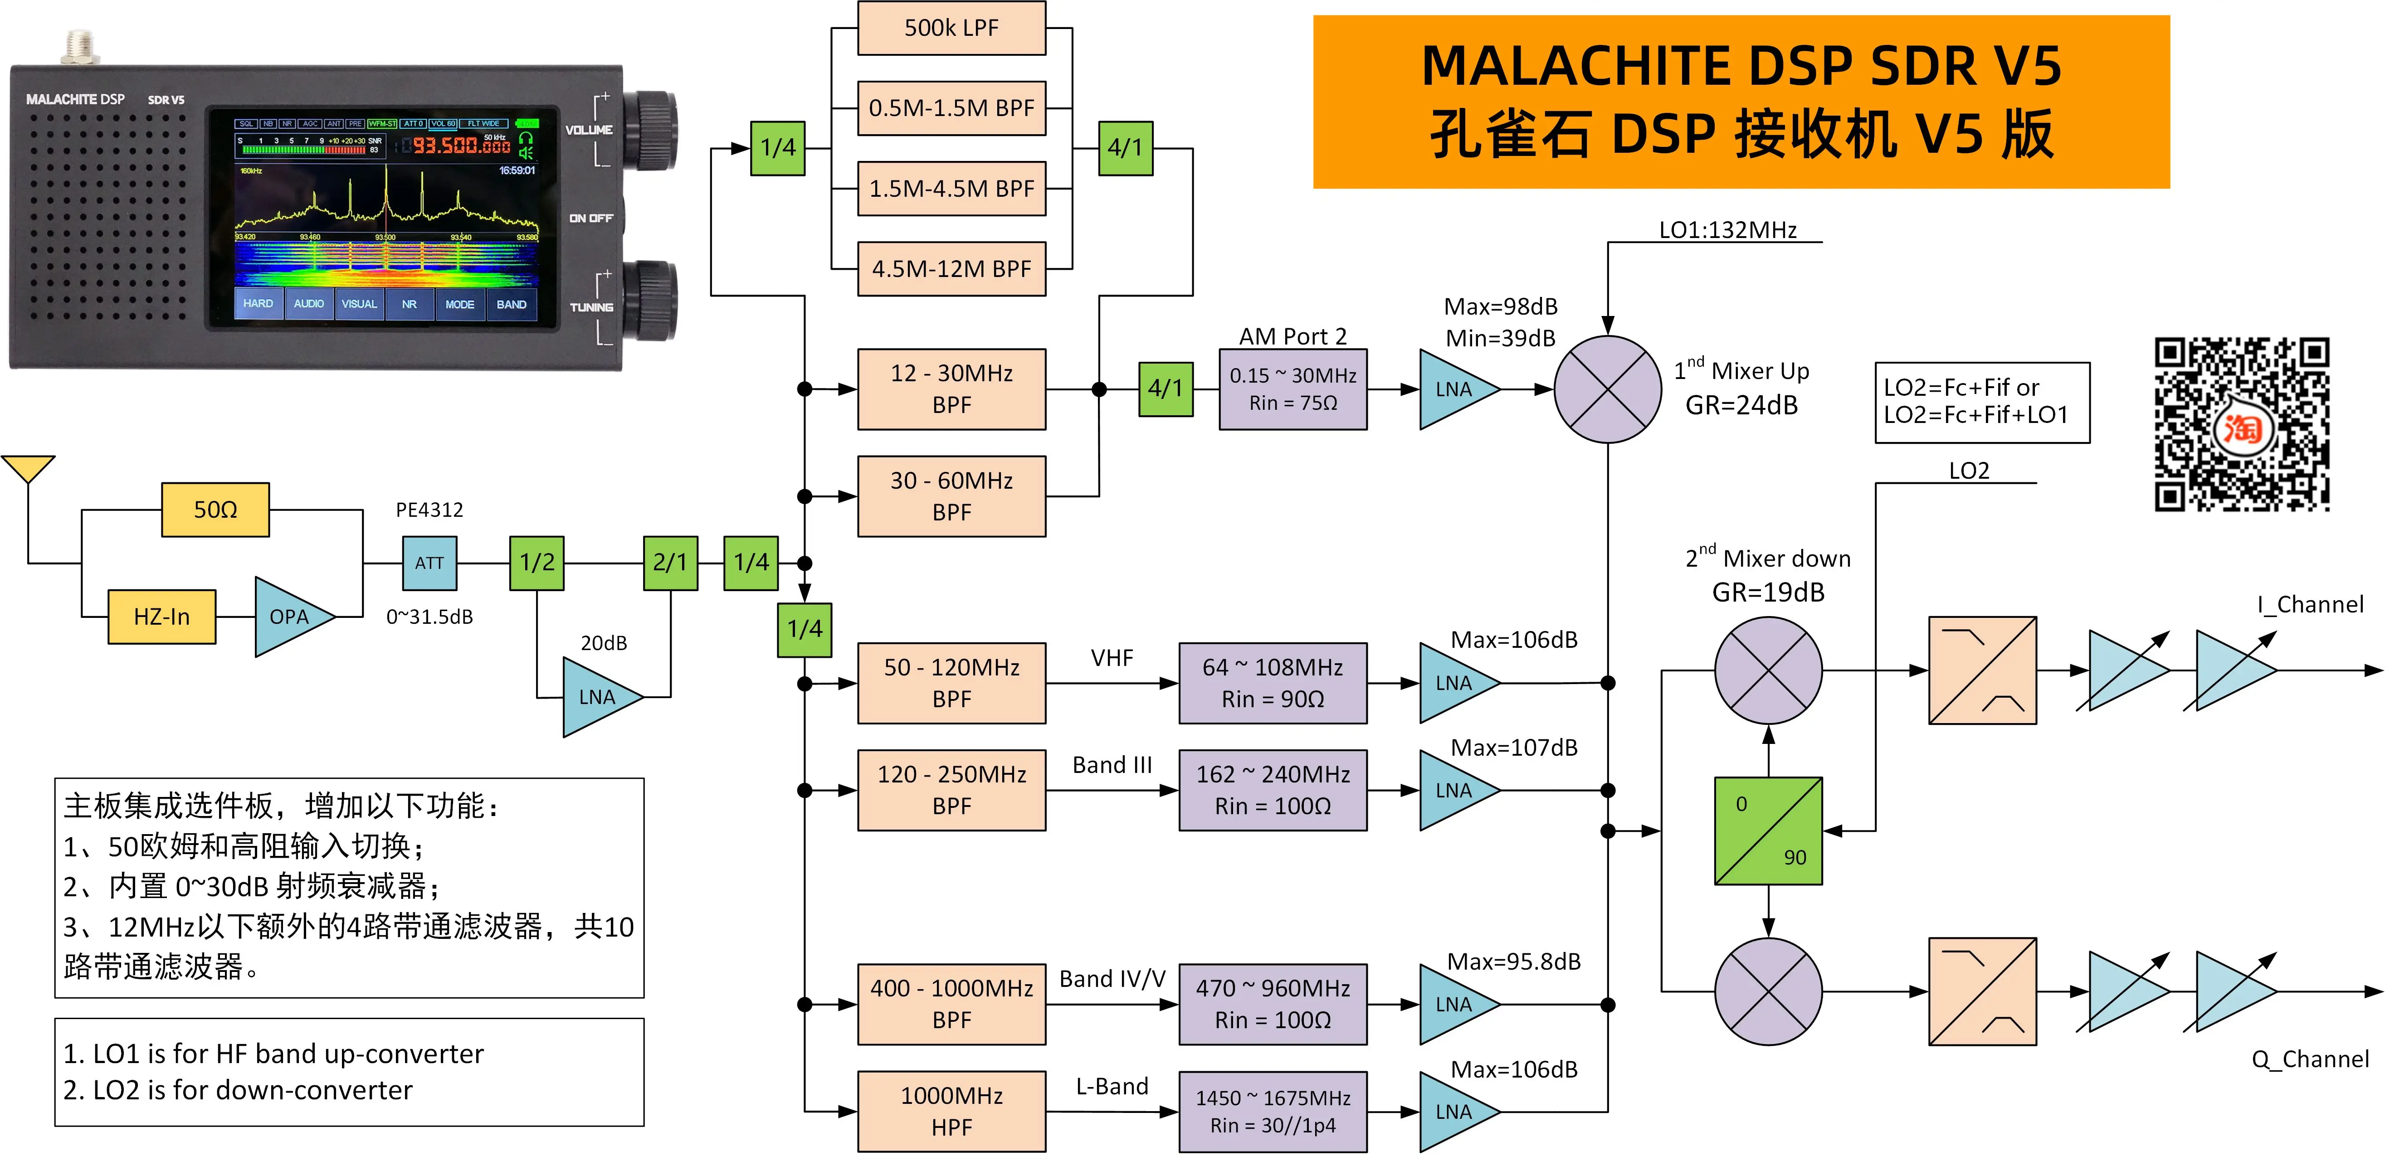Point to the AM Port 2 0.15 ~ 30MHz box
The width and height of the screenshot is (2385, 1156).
1292,389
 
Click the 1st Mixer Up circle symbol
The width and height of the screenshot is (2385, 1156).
1607,389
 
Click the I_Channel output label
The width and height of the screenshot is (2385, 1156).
2310,604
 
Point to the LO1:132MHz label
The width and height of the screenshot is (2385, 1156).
1728,229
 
